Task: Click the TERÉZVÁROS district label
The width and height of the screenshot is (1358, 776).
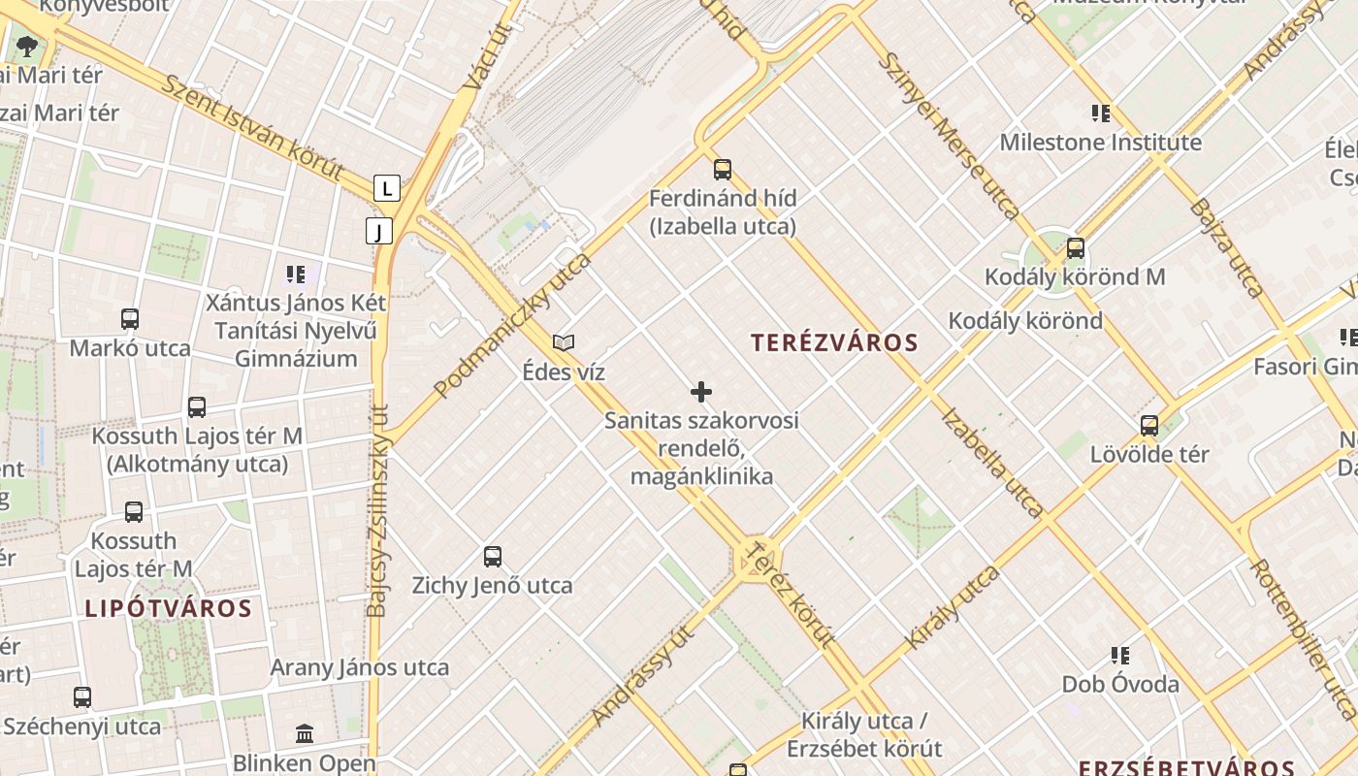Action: point(834,342)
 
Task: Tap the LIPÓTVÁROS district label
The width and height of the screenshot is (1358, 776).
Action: point(168,609)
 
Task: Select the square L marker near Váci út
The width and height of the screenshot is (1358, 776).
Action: point(387,187)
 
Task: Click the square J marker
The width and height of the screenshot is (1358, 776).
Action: point(379,231)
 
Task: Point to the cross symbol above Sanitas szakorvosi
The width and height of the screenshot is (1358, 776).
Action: point(701,392)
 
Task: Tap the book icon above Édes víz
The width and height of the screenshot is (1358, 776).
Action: point(564,342)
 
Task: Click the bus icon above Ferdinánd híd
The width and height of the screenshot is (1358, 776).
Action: point(723,170)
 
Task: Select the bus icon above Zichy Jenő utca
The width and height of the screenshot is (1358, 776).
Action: point(493,557)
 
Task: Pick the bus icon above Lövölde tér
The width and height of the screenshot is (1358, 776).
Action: point(1149,425)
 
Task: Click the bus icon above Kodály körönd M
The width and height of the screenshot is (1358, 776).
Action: point(1075,247)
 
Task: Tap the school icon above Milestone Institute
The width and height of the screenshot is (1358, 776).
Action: point(1100,113)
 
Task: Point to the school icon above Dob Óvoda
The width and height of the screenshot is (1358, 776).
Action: point(1120,656)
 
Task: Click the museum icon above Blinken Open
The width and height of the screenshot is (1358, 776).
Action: point(305,733)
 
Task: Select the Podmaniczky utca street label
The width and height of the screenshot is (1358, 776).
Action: point(512,326)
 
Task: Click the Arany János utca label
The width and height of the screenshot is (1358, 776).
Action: point(360,667)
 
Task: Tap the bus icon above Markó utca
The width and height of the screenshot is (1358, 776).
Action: point(130,318)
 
